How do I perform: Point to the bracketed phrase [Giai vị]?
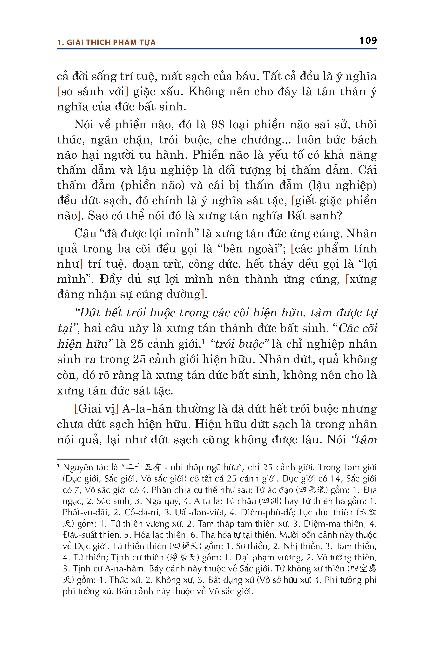pyautogui.click(x=96, y=409)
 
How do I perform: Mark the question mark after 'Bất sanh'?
pyautogui.click(x=339, y=216)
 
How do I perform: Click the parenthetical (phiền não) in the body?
pyautogui.click(x=153, y=185)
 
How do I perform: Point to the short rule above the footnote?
pyautogui.click(x=93, y=459)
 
